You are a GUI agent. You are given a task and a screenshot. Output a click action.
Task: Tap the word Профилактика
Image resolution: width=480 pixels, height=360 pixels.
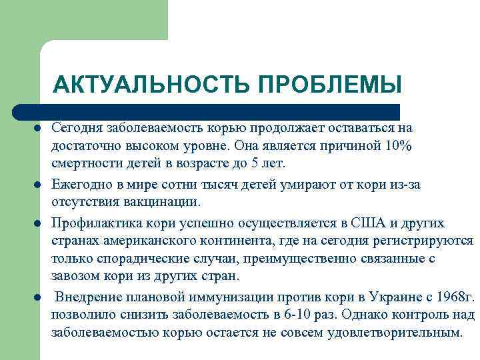[x=92, y=222]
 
